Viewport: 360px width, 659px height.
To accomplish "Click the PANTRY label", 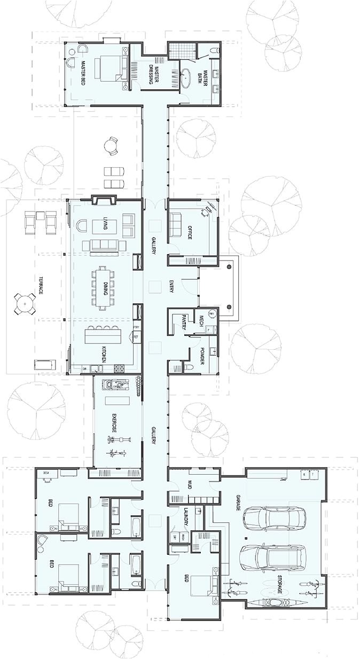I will (183, 323).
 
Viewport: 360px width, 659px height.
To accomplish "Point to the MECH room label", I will (201, 320).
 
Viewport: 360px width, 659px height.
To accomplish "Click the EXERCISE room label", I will (114, 422).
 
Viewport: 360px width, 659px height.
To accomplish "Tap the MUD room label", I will (189, 485).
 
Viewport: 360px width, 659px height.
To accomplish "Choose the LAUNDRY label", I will (186, 517).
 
